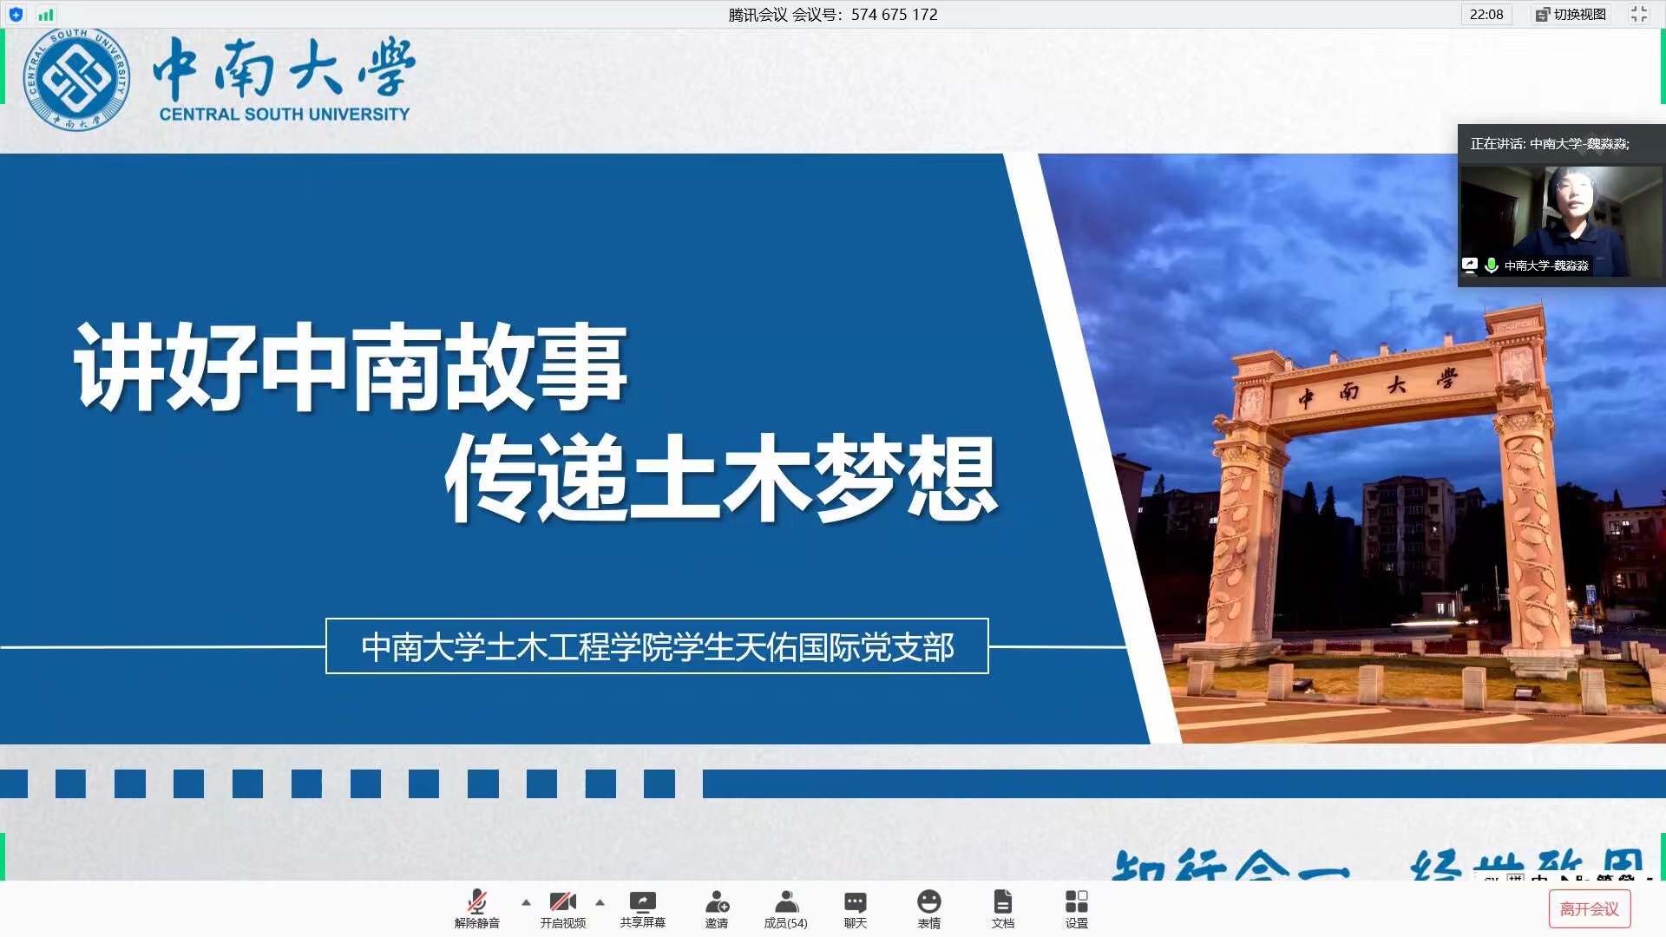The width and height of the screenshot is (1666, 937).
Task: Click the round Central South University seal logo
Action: pyautogui.click(x=77, y=79)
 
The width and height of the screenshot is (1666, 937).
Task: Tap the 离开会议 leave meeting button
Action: pyautogui.click(x=1589, y=908)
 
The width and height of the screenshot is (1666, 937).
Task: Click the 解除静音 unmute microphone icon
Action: pyautogui.click(x=476, y=901)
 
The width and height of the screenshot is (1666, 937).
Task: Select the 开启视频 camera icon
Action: pyautogui.click(x=562, y=901)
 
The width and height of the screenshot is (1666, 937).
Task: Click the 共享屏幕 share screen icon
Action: pyautogui.click(x=642, y=901)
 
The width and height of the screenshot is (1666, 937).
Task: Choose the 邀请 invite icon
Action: pyautogui.click(x=717, y=901)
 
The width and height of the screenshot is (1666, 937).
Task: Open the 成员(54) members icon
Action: pyautogui.click(x=785, y=901)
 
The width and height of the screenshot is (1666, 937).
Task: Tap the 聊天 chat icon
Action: pyautogui.click(x=855, y=901)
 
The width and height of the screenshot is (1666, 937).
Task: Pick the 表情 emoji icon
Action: pyautogui.click(x=928, y=901)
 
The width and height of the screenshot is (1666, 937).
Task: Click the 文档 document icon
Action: pyautogui.click(x=1002, y=901)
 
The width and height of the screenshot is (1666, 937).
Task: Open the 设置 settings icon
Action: pyautogui.click(x=1076, y=901)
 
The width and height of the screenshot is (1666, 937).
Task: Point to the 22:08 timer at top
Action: pyautogui.click(x=1486, y=15)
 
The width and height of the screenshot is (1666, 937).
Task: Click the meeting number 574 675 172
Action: pyautogui.click(x=894, y=15)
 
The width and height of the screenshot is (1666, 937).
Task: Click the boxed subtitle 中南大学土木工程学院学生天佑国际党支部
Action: pyautogui.click(x=657, y=646)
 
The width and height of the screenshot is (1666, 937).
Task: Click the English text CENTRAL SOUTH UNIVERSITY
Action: pyautogui.click(x=285, y=115)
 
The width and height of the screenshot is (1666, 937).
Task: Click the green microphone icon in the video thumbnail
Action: pyautogui.click(x=1491, y=265)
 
